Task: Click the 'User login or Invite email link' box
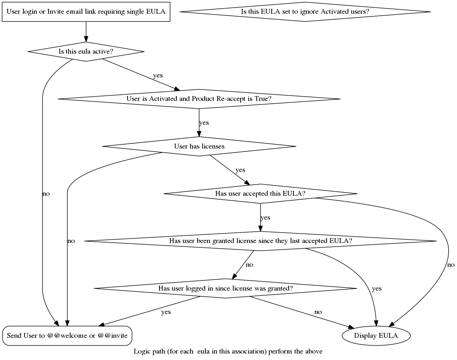86,11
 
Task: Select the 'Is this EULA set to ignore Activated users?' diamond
305,11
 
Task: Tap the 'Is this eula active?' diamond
86,52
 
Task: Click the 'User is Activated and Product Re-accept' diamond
199,99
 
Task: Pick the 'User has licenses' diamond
199,146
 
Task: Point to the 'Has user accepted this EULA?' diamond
260,194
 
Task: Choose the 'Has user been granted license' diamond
260,241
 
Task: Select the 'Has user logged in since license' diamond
225,288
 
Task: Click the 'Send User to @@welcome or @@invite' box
67,335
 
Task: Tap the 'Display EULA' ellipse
376,335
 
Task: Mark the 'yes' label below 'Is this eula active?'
158,75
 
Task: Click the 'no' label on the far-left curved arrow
46,194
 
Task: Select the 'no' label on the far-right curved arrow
451,265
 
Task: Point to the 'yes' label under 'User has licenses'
240,170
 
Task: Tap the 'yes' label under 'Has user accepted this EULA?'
265,218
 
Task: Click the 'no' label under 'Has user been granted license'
249,265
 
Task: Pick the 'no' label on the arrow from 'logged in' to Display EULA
318,312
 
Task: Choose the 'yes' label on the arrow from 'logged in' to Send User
166,312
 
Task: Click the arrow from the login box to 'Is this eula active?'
86,31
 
